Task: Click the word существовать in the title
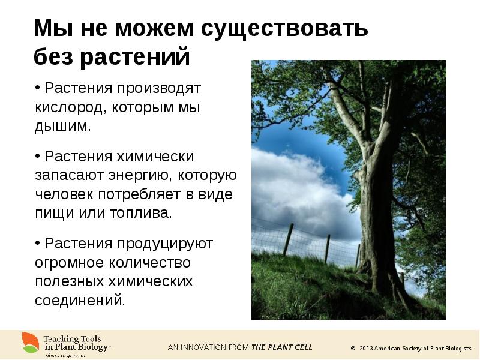click(x=284, y=29)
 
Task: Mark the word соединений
click(x=80, y=300)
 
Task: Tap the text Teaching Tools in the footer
click(x=72, y=339)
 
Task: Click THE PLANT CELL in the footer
click(x=281, y=347)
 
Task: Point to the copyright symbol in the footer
click(x=353, y=348)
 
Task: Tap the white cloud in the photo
click(x=294, y=186)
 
